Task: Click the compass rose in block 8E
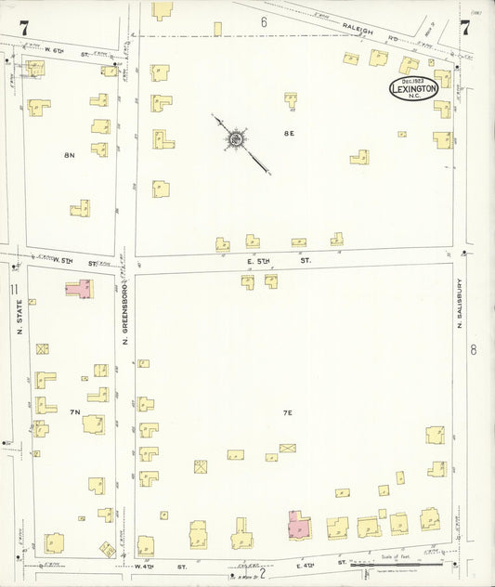(x=235, y=140)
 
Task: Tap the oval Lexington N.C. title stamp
(x=413, y=89)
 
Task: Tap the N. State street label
(x=18, y=316)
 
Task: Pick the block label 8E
(x=289, y=134)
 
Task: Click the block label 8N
(x=69, y=154)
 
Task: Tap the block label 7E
(x=288, y=411)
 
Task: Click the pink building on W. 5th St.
(x=79, y=289)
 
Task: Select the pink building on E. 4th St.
(x=299, y=525)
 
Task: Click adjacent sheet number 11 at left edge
(x=13, y=290)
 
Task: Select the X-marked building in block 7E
(x=287, y=448)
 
